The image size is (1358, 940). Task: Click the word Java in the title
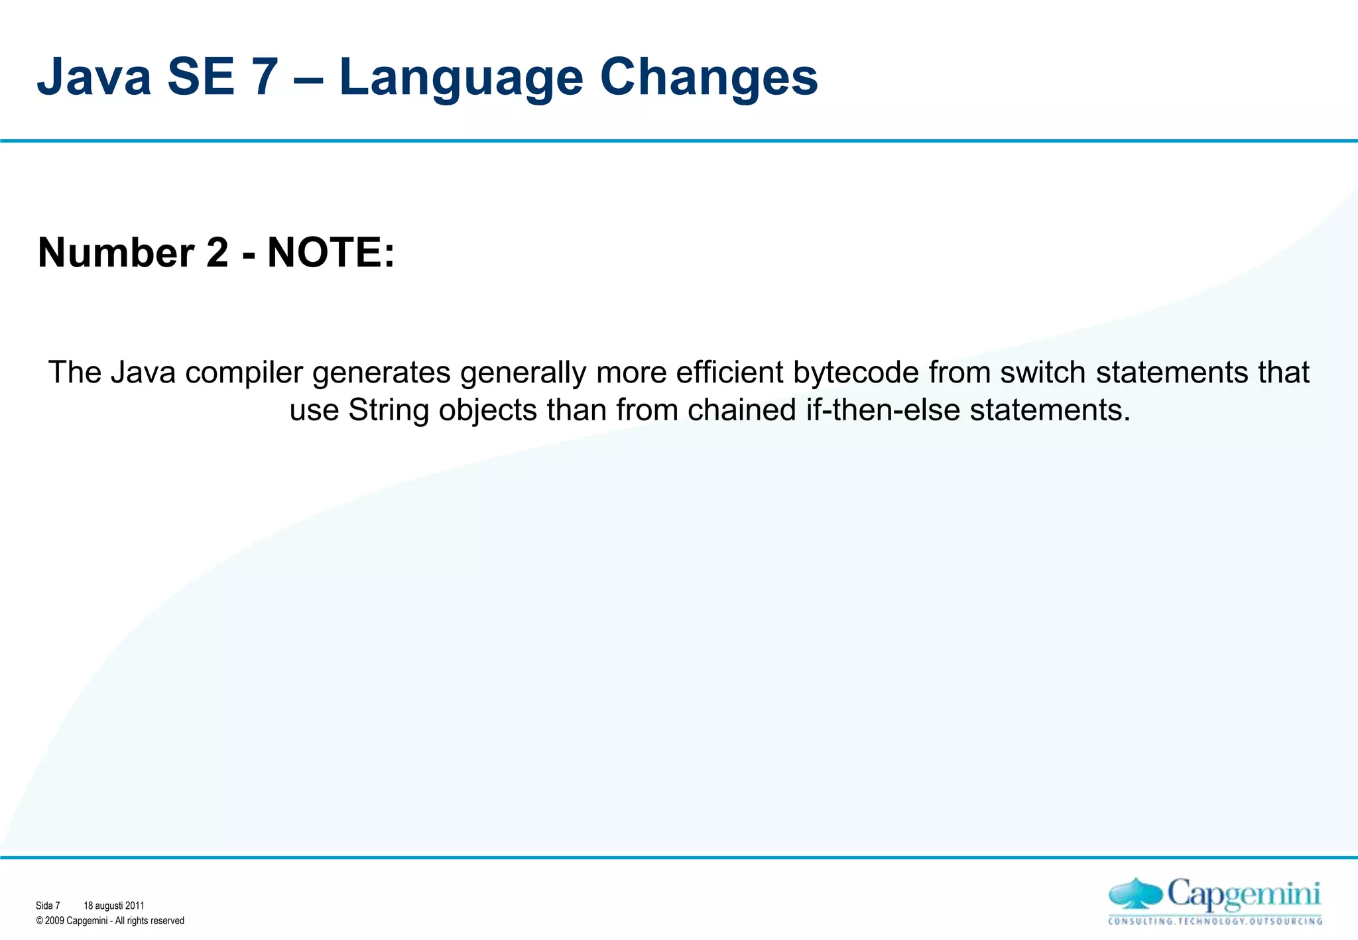tap(95, 78)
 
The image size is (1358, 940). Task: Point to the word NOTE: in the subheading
tap(331, 253)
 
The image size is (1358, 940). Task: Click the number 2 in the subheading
tap(217, 253)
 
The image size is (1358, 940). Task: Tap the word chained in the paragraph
tap(741, 410)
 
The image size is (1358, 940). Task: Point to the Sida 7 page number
tap(48, 906)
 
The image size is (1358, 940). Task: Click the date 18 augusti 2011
tap(113, 906)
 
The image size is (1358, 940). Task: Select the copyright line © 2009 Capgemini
tap(110, 921)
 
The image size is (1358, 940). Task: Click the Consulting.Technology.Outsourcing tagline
tap(1215, 921)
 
